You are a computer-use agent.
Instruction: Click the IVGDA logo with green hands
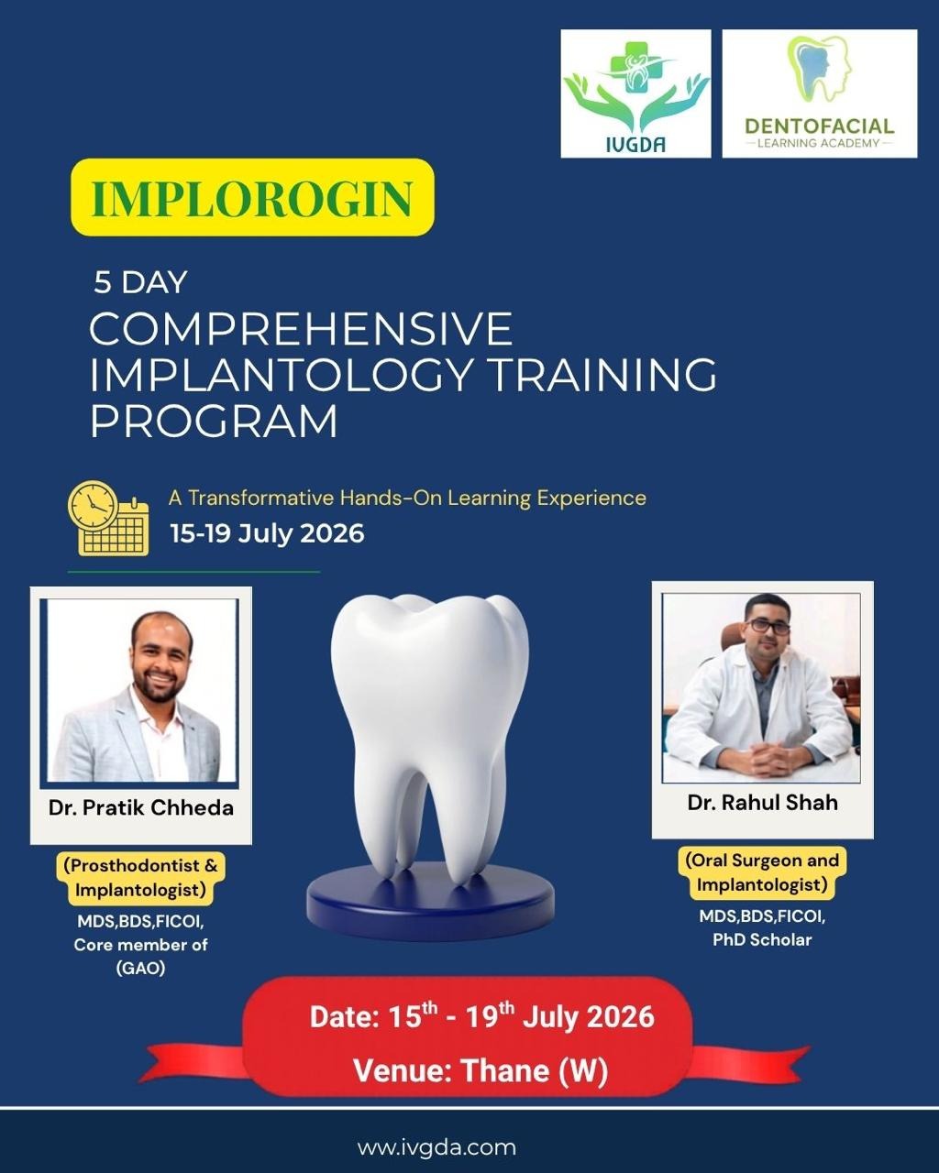point(635,93)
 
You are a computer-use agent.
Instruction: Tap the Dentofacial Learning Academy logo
point(820,93)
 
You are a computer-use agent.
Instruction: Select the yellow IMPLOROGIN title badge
point(252,197)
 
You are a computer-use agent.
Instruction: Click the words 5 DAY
point(140,282)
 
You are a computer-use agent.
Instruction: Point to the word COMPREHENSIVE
point(301,329)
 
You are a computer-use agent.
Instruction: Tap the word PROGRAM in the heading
point(214,421)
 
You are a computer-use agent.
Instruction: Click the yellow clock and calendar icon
point(108,518)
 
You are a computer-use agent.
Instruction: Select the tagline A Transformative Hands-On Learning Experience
point(407,498)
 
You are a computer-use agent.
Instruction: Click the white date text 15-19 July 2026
point(267,533)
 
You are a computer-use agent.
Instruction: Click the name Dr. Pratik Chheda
point(141,807)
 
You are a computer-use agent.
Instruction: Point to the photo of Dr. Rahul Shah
point(762,688)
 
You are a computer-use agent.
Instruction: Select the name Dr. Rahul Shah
point(762,803)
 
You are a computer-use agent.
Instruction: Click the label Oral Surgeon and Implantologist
point(762,872)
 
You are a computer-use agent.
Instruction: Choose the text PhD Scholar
point(762,939)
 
